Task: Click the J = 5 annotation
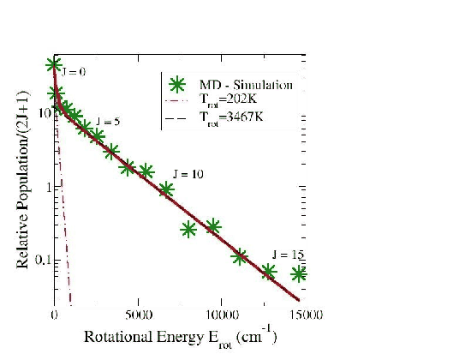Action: [x=107, y=121]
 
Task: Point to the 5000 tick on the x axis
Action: [x=138, y=315]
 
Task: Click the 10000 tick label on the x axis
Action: [x=220, y=315]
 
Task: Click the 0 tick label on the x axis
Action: [x=54, y=315]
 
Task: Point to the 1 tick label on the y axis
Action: [x=45, y=186]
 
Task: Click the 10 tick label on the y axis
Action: [x=41, y=113]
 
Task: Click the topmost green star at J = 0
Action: [x=54, y=64]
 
